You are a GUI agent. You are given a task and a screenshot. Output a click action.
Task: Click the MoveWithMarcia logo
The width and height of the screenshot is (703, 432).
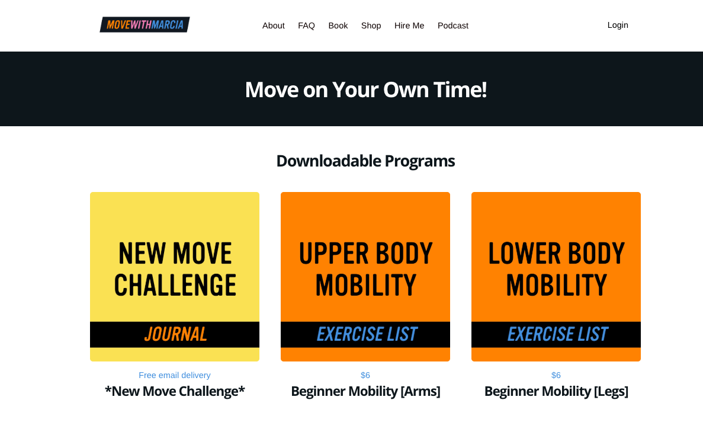pyautogui.click(x=145, y=24)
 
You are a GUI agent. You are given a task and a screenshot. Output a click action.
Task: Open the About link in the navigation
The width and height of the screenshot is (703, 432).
pyautogui.click(x=274, y=25)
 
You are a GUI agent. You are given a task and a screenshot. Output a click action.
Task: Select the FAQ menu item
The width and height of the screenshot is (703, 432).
pyautogui.click(x=306, y=25)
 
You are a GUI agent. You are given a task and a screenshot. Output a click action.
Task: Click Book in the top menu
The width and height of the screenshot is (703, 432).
pyautogui.click(x=338, y=25)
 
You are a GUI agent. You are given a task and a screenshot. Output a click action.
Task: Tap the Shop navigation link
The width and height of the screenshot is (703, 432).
pyautogui.click(x=371, y=25)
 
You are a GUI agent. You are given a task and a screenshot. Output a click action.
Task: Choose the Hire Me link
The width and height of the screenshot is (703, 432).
pyautogui.click(x=409, y=25)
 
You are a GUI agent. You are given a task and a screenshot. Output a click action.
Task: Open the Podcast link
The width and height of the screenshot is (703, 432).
pyautogui.click(x=453, y=25)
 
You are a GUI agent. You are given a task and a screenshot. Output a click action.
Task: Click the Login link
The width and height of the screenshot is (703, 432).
pyautogui.click(x=618, y=25)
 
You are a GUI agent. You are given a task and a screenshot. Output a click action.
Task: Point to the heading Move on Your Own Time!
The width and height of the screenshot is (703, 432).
pyautogui.click(x=365, y=89)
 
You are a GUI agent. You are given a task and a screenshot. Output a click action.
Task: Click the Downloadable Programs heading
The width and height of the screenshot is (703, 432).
pyautogui.click(x=365, y=161)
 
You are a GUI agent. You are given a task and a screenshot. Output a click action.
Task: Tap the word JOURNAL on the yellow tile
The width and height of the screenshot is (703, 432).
pyautogui.click(x=175, y=334)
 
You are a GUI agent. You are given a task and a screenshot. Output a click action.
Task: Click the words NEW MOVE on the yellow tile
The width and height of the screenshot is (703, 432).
pyautogui.click(x=175, y=254)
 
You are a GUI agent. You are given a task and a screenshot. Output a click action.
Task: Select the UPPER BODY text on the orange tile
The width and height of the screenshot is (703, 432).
pyautogui.click(x=366, y=254)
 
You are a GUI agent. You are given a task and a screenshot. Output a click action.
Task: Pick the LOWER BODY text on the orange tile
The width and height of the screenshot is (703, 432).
pyautogui.click(x=556, y=254)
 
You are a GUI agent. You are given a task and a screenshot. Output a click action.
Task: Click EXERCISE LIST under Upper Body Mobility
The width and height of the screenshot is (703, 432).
pyautogui.click(x=367, y=334)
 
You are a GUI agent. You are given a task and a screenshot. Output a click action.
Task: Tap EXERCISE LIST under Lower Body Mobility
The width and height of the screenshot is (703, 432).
pyautogui.click(x=557, y=334)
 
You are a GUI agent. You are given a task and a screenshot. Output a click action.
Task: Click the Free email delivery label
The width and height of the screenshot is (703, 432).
pyautogui.click(x=175, y=375)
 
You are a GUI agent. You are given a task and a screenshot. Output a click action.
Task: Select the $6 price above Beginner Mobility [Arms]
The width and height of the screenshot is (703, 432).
pyautogui.click(x=365, y=375)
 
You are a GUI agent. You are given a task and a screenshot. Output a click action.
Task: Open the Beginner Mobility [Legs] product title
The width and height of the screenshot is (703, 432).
pyautogui.click(x=556, y=391)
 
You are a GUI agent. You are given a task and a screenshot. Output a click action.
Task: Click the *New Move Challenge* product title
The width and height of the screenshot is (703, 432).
pyautogui.click(x=175, y=391)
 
